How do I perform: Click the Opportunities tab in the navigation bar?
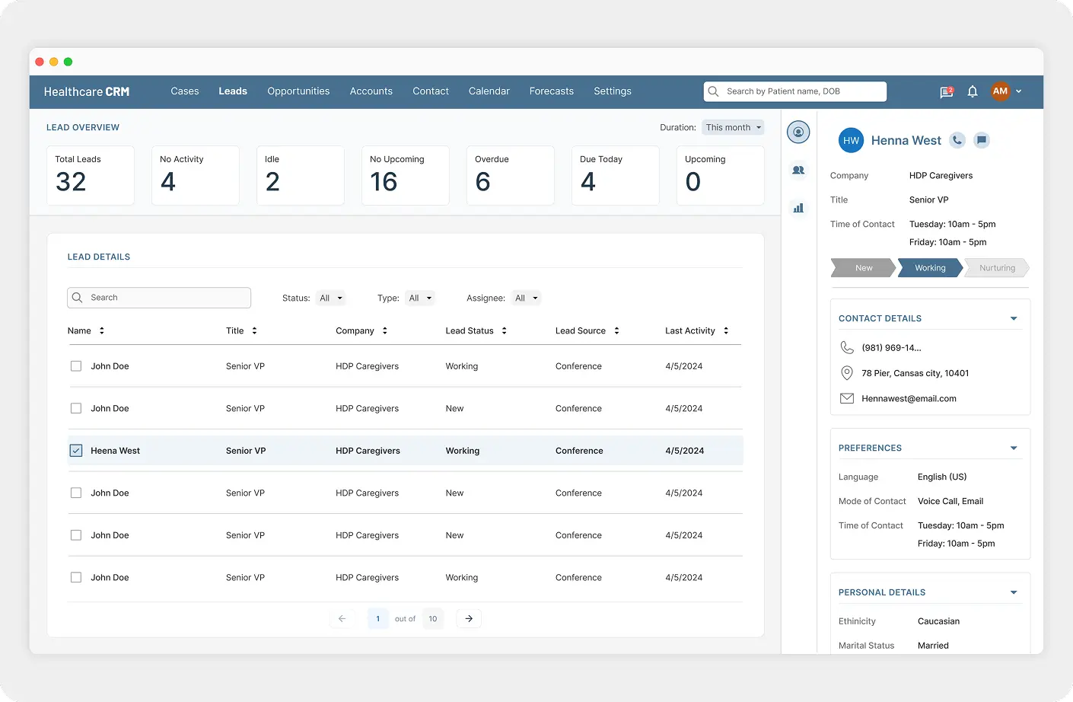298,91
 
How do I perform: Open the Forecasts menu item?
551,91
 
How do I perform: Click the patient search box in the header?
794,91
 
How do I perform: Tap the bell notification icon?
972,91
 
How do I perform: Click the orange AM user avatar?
1000,91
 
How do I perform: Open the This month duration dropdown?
733,128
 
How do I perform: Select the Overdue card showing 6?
510,176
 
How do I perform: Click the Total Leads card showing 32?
90,176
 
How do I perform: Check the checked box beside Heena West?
76,451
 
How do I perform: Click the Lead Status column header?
470,331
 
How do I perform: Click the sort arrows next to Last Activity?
726,331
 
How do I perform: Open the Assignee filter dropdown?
526,298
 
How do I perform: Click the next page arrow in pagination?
469,619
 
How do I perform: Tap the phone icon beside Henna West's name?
957,140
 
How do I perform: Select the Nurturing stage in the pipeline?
997,268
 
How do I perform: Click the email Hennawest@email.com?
909,399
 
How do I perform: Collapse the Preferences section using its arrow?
1014,448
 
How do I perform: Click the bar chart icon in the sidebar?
798,208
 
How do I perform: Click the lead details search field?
160,298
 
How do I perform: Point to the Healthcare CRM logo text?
87,92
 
